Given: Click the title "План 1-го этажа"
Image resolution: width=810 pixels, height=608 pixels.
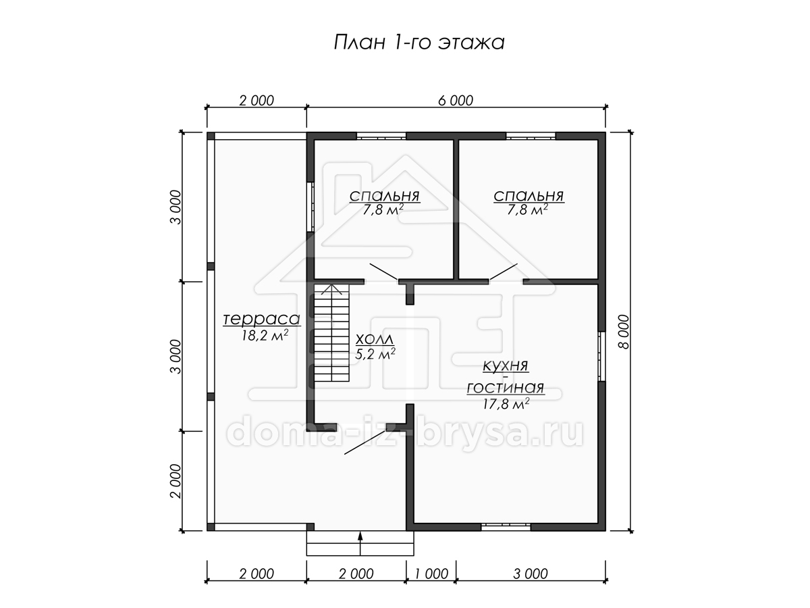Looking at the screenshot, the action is (419, 42).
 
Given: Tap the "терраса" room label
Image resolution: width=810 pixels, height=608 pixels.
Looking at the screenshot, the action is (262, 319).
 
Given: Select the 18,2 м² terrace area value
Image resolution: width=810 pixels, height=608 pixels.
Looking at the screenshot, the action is (265, 336).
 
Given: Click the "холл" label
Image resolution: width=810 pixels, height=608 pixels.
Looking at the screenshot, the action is (375, 339).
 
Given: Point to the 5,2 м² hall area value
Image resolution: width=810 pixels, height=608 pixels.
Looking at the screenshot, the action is (375, 353).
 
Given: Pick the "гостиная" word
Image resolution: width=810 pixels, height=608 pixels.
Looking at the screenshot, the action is (506, 388).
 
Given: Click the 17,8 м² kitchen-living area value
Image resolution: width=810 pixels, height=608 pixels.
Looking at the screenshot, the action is (506, 403).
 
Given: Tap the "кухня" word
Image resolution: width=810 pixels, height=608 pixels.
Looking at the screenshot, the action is (506, 366).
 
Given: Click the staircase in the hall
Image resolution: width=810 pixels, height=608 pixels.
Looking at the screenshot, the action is (331, 333).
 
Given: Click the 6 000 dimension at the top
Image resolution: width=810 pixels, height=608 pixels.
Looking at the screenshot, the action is (456, 101).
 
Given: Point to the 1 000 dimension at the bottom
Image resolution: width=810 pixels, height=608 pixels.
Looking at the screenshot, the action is (431, 574).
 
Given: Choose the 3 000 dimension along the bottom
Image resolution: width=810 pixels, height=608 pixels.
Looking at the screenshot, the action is (531, 574).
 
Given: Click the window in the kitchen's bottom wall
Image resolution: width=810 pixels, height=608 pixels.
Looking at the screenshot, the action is (506, 527).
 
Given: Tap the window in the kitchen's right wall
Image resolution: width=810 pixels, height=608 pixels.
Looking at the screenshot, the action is (601, 356).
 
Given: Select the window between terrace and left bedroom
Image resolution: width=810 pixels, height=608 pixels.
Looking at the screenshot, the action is (310, 207).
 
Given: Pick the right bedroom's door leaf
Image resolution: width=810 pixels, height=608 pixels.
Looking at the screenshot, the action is (503, 272).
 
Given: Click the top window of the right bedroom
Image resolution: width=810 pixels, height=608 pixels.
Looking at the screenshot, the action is (531, 136).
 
